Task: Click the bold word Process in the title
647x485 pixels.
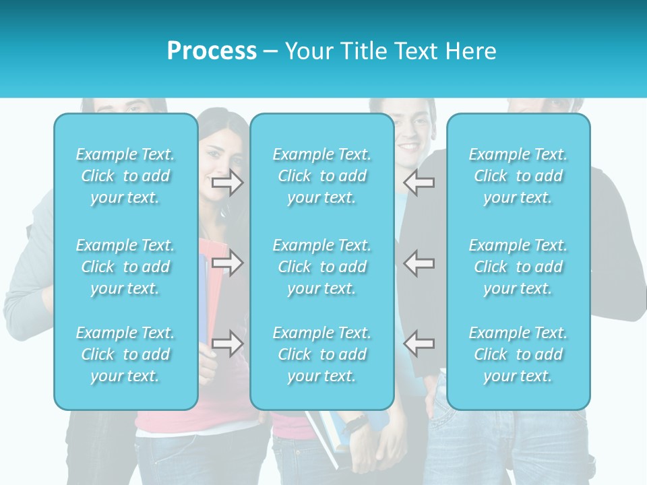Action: pyautogui.click(x=212, y=51)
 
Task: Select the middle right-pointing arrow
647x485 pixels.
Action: pyautogui.click(x=227, y=263)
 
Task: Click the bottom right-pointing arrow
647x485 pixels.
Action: pyautogui.click(x=227, y=344)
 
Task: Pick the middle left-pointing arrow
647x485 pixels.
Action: pyautogui.click(x=419, y=263)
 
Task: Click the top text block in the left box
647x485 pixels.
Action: pyautogui.click(x=125, y=176)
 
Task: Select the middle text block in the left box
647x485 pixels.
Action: pyautogui.click(x=125, y=267)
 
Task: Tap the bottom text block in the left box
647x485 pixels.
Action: pyautogui.click(x=125, y=354)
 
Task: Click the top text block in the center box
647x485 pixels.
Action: pyautogui.click(x=321, y=176)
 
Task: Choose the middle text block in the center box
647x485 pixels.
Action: pyautogui.click(x=321, y=267)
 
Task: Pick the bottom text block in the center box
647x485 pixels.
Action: pyautogui.click(x=321, y=354)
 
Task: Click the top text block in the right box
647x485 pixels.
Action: pyautogui.click(x=518, y=176)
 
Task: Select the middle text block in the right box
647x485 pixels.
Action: pyautogui.click(x=518, y=267)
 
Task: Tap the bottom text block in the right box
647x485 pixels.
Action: pyautogui.click(x=518, y=354)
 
